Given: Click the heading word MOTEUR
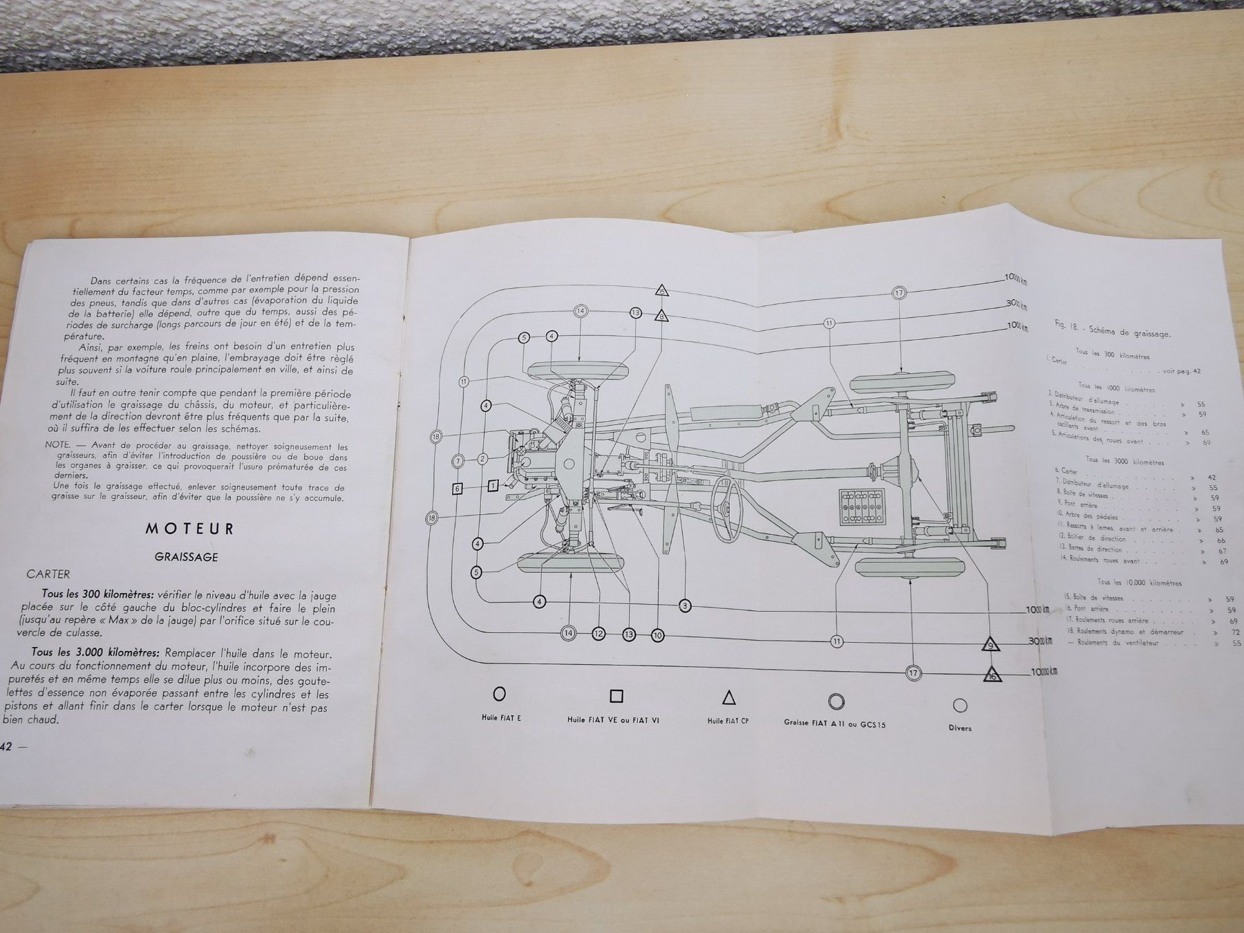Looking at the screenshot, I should tap(189, 529).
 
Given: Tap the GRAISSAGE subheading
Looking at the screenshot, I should tap(186, 556).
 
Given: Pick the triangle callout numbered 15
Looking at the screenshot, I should tap(662, 291).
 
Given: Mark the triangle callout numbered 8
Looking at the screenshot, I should tap(662, 317).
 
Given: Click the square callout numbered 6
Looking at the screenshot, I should tap(457, 489).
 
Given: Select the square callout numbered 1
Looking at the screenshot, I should tap(493, 486).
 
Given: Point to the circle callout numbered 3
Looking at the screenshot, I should tap(685, 606).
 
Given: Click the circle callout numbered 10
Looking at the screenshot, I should tap(657, 634).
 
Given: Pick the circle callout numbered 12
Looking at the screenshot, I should tap(598, 634).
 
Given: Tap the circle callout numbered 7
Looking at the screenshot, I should tap(458, 460).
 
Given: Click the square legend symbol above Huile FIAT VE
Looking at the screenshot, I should tap(616, 696).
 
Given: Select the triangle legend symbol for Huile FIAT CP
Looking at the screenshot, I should tap(728, 697).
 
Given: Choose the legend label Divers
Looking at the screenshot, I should tap(959, 728).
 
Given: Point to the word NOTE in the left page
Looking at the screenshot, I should tap(58, 445).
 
